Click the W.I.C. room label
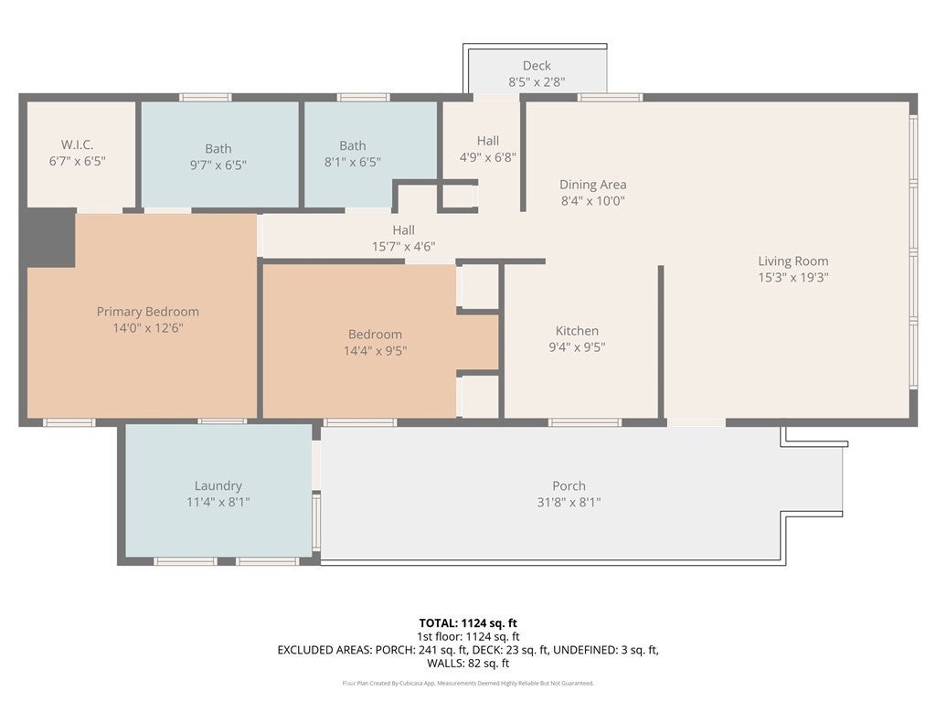(x=77, y=144)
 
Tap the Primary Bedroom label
(x=147, y=312)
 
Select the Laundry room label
(x=218, y=486)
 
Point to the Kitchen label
(x=577, y=331)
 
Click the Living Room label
(x=792, y=261)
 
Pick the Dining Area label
(x=592, y=185)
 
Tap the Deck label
(x=537, y=66)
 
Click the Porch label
(x=569, y=486)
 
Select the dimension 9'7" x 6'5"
(x=218, y=165)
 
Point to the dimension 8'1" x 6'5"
(x=352, y=162)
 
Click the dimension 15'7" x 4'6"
(x=403, y=247)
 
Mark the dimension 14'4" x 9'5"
(x=375, y=350)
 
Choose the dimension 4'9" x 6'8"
(x=488, y=157)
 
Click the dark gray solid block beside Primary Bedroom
(x=51, y=239)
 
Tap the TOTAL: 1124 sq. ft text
(x=468, y=623)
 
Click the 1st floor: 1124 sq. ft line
(x=468, y=637)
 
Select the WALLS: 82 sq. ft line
(x=468, y=664)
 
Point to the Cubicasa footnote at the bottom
(x=468, y=683)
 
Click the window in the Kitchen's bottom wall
(x=585, y=422)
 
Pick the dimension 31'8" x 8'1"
(x=569, y=502)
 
